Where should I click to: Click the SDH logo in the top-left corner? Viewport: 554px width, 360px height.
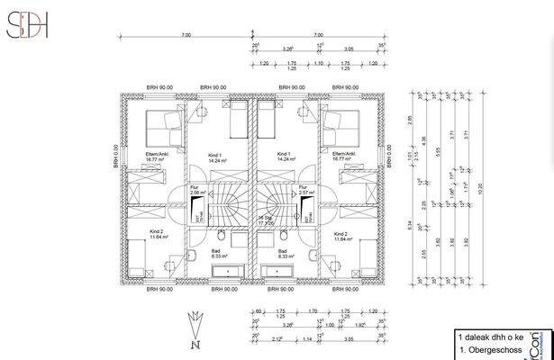[28, 26]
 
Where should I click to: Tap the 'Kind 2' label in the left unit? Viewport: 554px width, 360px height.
[159, 235]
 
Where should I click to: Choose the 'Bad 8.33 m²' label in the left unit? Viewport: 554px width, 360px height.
[215, 254]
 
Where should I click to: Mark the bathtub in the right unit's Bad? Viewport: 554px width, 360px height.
[277, 270]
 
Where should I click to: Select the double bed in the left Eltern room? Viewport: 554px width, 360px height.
[162, 124]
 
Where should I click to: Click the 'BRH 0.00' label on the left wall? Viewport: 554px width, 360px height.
[115, 158]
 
